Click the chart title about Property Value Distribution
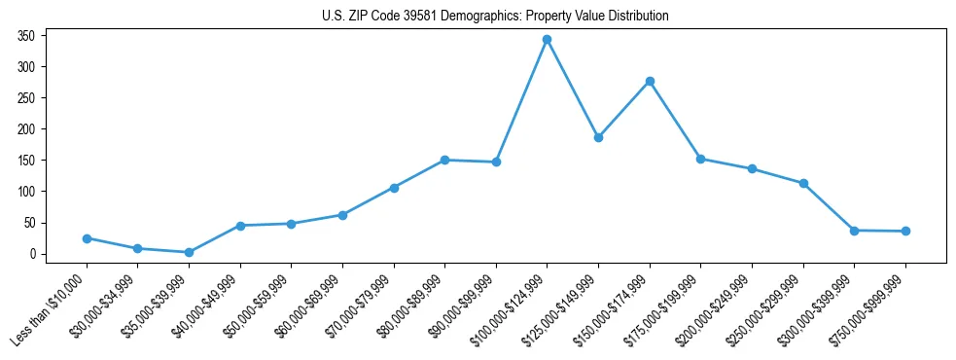click(x=495, y=17)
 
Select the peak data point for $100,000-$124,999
click(x=548, y=40)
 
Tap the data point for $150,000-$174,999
click(x=650, y=81)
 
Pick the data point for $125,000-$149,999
click(x=598, y=137)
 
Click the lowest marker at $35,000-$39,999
click(x=189, y=252)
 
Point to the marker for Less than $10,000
click(x=87, y=238)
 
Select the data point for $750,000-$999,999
click(x=905, y=232)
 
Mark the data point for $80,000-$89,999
click(x=444, y=160)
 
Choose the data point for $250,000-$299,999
click(x=803, y=183)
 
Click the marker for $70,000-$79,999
click(x=394, y=188)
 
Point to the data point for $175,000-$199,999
click(x=700, y=159)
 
